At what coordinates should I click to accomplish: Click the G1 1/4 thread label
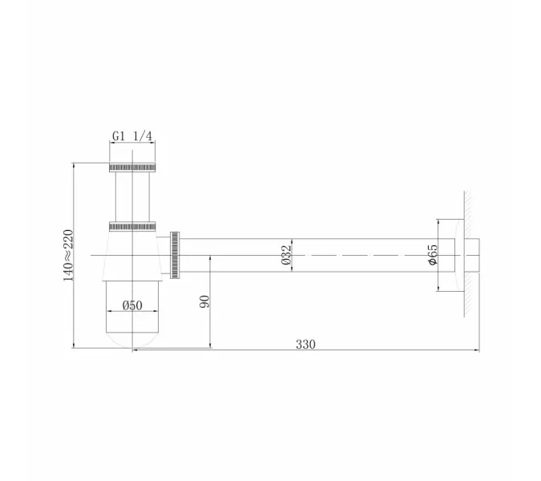131,136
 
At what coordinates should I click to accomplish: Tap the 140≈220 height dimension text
68,255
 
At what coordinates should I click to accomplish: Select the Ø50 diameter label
132,305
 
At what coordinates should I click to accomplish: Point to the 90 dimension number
204,301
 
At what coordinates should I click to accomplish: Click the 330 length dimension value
305,344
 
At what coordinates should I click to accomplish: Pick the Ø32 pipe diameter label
286,256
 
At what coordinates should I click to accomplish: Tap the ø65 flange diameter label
431,255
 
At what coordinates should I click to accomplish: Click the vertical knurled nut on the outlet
176,256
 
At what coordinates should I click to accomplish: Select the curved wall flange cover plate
458,255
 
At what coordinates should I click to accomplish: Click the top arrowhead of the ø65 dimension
438,220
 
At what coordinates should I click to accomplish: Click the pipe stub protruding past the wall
473,255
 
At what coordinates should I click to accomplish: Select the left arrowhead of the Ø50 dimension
108,312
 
